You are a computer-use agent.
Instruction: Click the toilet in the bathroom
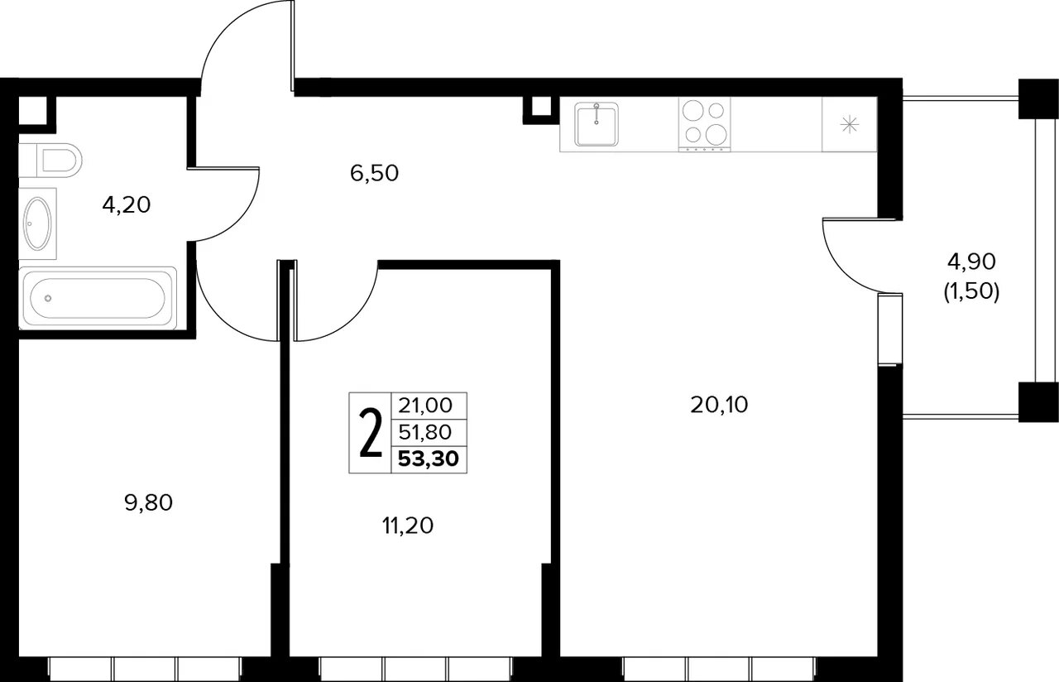[50, 161]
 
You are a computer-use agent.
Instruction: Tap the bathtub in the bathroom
[98, 298]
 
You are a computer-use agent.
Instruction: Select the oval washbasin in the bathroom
[37, 223]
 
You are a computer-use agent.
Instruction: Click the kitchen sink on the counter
[597, 124]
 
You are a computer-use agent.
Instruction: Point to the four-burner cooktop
[704, 124]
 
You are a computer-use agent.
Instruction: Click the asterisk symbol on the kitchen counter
[850, 125]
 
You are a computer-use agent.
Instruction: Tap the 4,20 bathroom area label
[127, 205]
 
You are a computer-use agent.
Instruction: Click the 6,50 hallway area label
[374, 173]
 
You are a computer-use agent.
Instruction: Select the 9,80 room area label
[148, 502]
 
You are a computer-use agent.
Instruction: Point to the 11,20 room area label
[408, 526]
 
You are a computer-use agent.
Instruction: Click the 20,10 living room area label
[719, 405]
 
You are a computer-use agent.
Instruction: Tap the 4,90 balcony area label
[971, 262]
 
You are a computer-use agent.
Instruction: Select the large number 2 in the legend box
[371, 433]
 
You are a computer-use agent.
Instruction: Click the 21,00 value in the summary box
[425, 406]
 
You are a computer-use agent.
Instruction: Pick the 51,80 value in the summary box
[425, 432]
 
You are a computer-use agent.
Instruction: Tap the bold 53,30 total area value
[429, 459]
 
